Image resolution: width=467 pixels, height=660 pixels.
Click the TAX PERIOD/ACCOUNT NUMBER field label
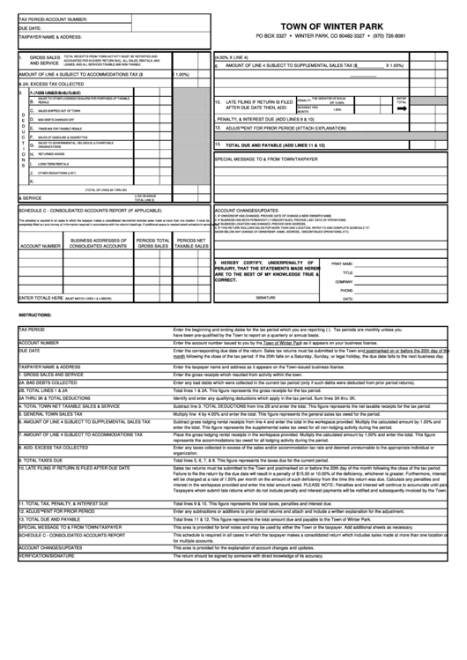52,18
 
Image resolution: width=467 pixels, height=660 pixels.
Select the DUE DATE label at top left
30,27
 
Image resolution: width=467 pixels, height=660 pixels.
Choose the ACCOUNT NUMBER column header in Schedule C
40,246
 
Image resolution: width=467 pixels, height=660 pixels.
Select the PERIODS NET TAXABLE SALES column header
192,243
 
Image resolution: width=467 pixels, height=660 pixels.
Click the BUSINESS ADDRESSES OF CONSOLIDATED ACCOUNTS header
100,243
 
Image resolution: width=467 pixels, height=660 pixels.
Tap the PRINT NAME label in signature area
342,263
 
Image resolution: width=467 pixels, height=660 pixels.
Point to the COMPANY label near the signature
343,281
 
